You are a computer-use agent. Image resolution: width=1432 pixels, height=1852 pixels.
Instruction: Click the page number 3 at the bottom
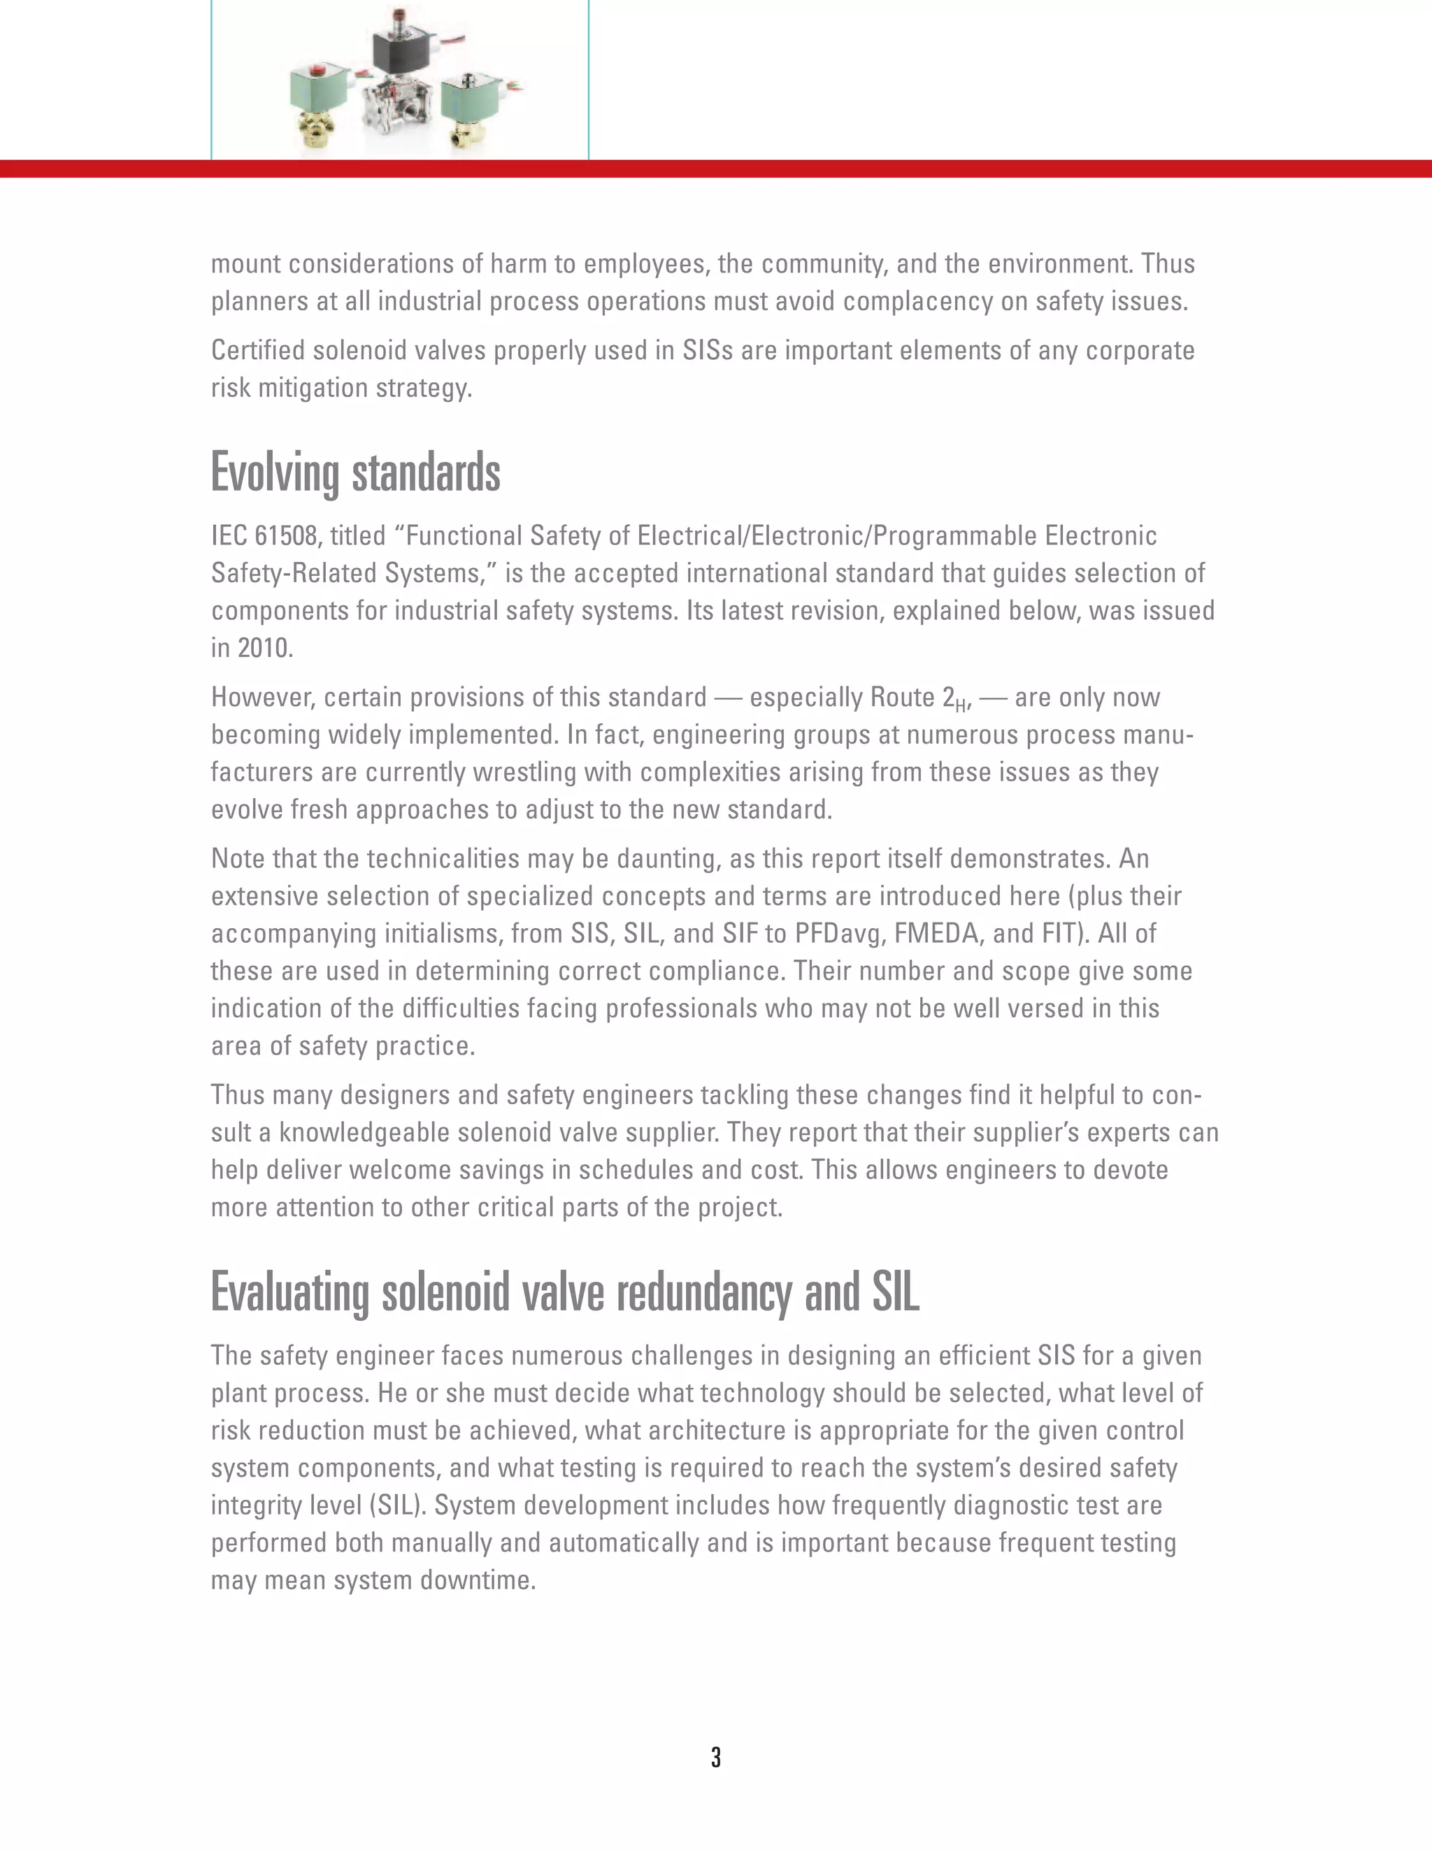point(716,1757)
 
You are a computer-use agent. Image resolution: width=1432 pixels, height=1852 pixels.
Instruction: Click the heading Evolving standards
point(355,472)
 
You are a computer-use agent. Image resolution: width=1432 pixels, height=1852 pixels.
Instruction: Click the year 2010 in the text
point(265,648)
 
